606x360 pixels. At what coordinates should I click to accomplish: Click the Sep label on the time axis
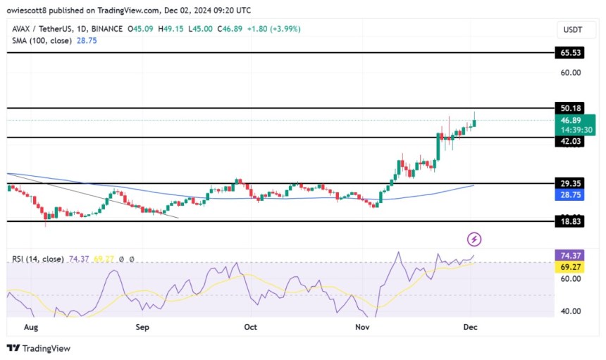142,328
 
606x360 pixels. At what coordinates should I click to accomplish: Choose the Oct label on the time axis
249,328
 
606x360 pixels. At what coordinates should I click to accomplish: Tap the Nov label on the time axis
363,328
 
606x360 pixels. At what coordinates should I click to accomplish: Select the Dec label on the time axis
471,328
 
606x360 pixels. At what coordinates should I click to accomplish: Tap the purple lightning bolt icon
474,240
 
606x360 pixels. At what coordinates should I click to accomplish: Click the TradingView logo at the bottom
39,348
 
